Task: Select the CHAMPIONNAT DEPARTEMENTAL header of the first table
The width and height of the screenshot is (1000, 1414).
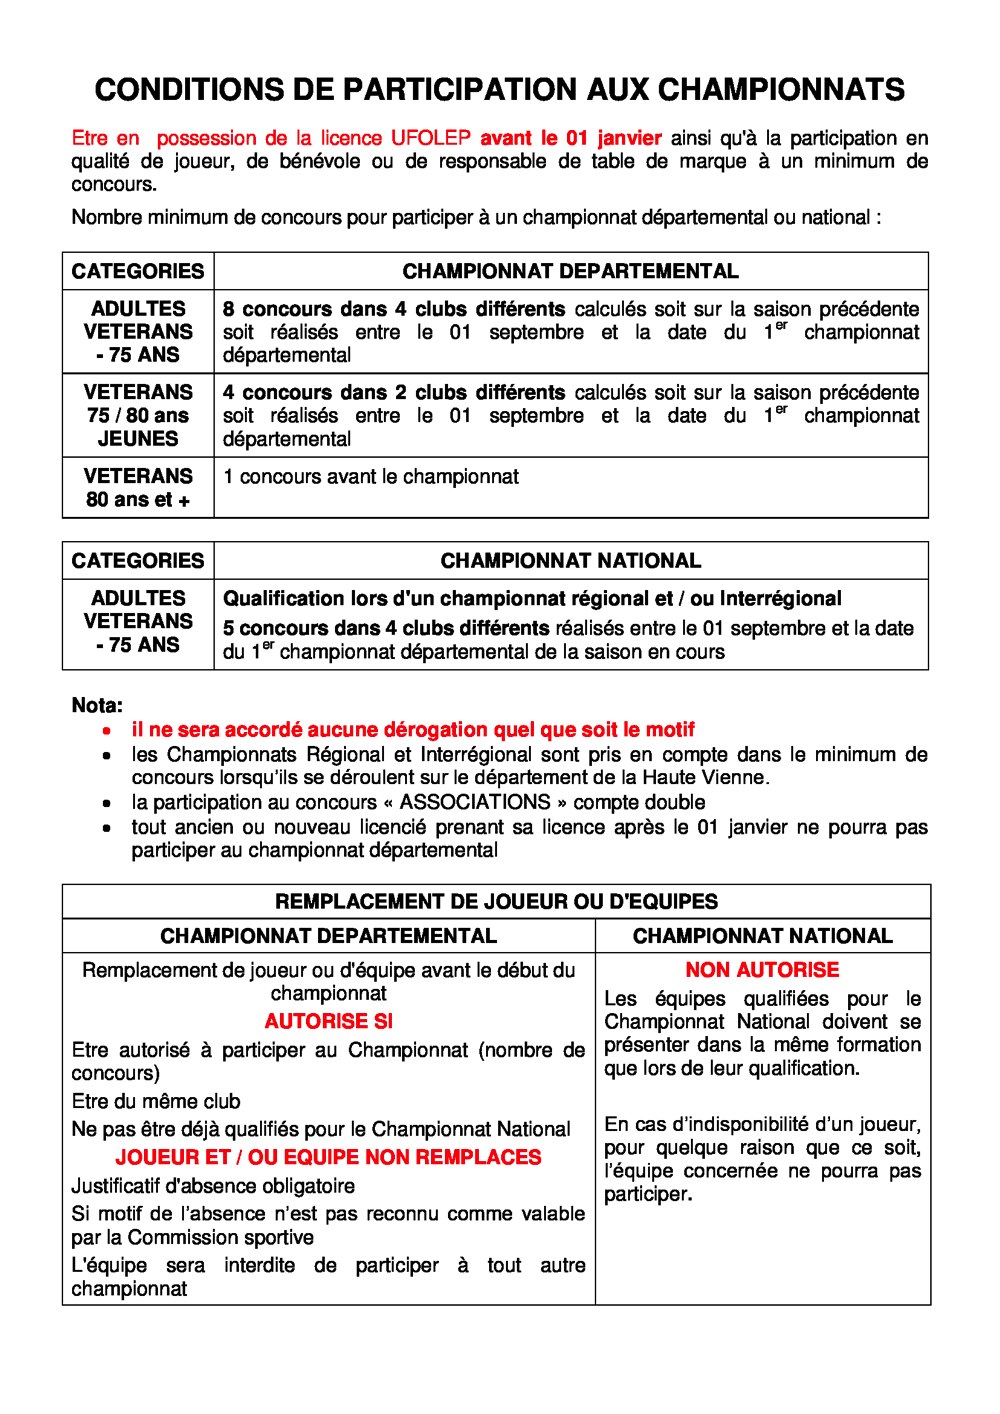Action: pyautogui.click(x=570, y=271)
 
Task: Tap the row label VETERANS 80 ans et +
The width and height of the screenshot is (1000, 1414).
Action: pyautogui.click(x=138, y=488)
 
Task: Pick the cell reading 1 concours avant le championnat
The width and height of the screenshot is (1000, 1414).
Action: pyautogui.click(x=371, y=477)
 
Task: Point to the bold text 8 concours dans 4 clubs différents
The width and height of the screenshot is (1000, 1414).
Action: pyautogui.click(x=394, y=309)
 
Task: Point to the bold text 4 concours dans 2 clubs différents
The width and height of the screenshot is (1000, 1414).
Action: pyautogui.click(x=394, y=392)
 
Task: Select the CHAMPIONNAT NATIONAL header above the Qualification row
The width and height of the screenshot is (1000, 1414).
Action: pyautogui.click(x=570, y=561)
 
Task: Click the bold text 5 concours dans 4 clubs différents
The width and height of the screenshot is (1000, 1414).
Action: pyautogui.click(x=386, y=628)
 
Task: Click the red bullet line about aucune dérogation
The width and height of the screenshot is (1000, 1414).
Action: pyautogui.click(x=413, y=730)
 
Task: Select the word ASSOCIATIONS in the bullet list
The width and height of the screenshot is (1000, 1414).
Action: pyautogui.click(x=475, y=802)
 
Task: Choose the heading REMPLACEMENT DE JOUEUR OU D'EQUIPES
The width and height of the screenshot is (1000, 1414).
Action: pyautogui.click(x=496, y=902)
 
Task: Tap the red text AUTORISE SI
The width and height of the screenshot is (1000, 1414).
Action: pyautogui.click(x=328, y=1021)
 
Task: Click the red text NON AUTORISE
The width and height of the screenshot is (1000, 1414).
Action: pyautogui.click(x=762, y=970)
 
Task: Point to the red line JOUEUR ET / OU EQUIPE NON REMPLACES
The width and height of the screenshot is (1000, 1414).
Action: pyautogui.click(x=328, y=1157)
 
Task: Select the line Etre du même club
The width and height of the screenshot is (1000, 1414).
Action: pyautogui.click(x=156, y=1101)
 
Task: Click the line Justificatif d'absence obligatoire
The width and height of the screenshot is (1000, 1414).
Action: pyautogui.click(x=213, y=1186)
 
